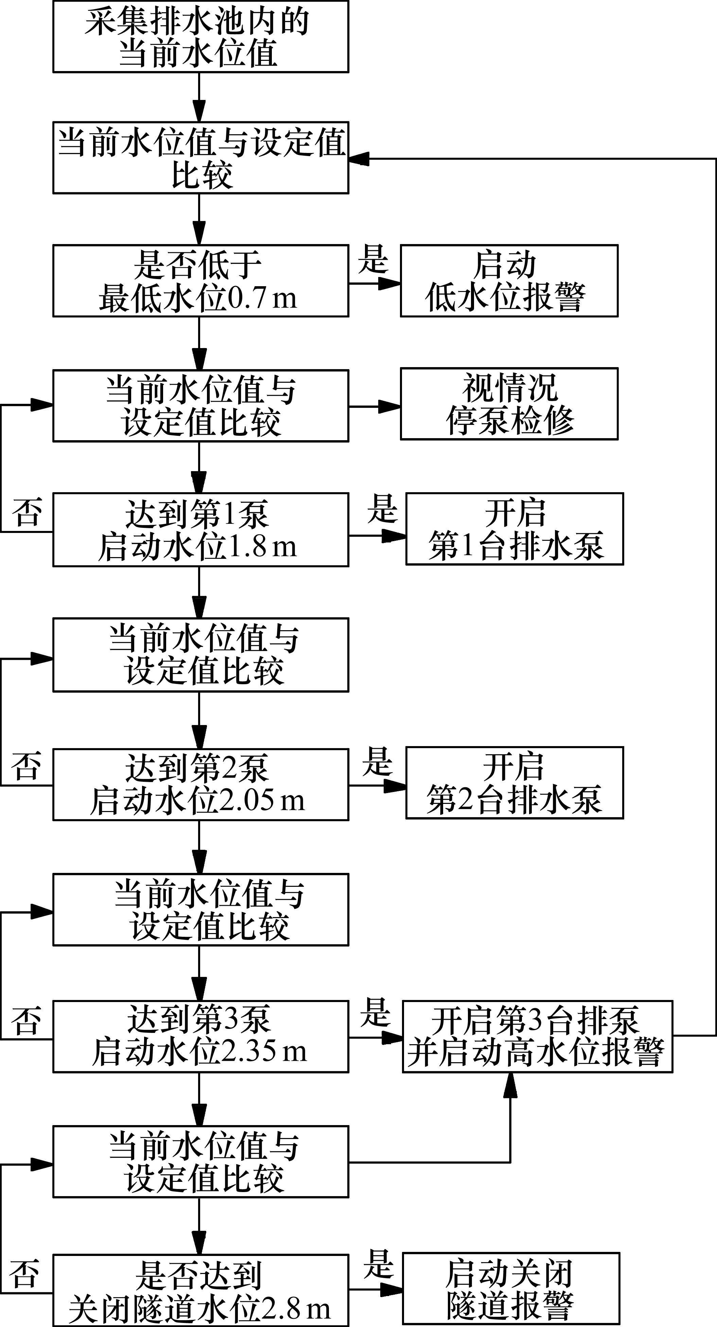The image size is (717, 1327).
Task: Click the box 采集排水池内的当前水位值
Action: [x=200, y=37]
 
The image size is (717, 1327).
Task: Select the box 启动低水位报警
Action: [x=509, y=281]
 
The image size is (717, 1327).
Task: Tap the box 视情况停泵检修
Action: [x=509, y=404]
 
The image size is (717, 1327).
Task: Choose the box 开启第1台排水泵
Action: [x=514, y=529]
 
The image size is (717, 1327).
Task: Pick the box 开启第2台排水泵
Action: [x=514, y=782]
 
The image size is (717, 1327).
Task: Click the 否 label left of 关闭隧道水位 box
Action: [x=24, y=1273]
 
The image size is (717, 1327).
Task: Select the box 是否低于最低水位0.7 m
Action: [x=200, y=281]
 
